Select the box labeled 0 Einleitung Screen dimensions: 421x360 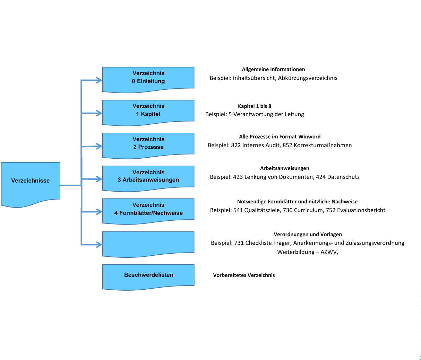coord(148,80)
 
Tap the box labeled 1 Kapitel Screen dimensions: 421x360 coord(148,113)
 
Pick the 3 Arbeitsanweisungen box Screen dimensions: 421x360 coord(148,179)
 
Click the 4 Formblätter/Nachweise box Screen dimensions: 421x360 coord(148,211)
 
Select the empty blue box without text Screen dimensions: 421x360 coord(148,244)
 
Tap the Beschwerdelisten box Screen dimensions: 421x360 coord(148,277)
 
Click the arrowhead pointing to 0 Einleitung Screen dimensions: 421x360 coord(99,80)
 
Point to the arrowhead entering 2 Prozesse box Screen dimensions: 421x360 coord(99,146)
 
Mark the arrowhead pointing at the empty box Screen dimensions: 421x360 coord(99,245)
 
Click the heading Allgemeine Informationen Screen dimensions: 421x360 coord(273,69)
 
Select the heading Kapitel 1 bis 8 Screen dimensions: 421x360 coord(255,106)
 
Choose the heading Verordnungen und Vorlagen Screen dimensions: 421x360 coord(308,235)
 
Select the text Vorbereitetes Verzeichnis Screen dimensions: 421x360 coord(244,275)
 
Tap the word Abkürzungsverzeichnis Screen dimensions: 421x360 coord(308,78)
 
